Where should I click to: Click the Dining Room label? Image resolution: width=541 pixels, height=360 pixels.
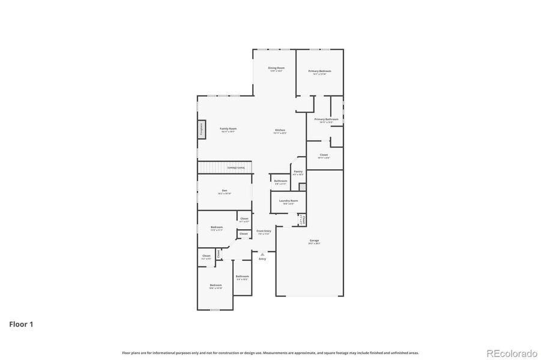pos(276,68)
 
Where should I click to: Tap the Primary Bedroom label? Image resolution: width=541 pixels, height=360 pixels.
pos(319,71)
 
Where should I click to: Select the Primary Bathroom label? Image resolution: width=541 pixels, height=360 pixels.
pos(326,119)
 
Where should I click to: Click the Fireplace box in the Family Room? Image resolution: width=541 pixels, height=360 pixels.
pos(202,130)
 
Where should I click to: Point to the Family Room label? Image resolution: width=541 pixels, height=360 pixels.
pos(228,129)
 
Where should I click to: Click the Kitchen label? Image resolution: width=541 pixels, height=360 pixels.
pos(280,131)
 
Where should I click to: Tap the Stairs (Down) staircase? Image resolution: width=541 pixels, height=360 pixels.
pos(224,167)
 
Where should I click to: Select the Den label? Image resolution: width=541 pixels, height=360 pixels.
pos(224,191)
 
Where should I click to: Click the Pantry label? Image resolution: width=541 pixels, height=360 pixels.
pos(298,172)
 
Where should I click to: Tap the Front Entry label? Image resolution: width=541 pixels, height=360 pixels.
pos(264,231)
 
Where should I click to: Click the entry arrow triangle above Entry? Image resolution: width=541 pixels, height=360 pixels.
pos(262,254)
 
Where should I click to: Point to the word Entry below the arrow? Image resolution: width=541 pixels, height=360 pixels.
pos(262,259)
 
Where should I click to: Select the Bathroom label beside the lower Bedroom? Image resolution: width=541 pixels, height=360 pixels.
pos(242,277)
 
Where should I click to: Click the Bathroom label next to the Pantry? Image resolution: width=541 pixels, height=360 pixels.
pos(280,181)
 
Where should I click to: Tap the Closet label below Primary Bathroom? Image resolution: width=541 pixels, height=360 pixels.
pos(324,155)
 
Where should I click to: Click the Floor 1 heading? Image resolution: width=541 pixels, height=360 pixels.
pos(21,324)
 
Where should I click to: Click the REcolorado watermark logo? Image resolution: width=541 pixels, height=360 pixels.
pos(512,353)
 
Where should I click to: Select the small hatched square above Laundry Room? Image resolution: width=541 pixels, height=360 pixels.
pos(302,187)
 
